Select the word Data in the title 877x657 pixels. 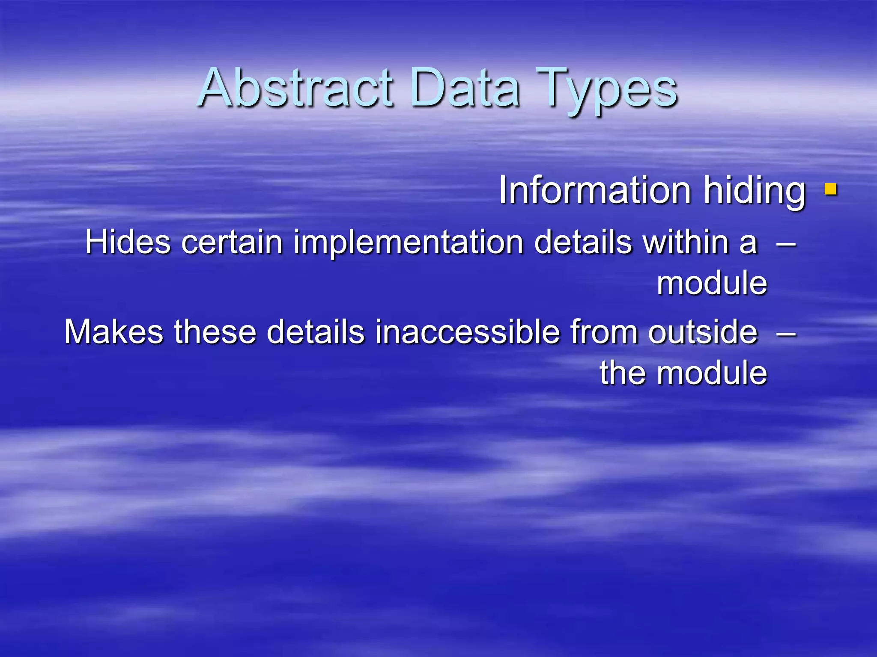465,88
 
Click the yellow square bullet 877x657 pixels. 831,189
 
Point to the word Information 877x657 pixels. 595,190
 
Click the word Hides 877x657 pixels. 128,242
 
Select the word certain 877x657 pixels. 232,242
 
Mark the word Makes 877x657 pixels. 113,332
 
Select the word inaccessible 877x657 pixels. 467,332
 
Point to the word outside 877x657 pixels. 703,332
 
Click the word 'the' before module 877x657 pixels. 623,373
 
